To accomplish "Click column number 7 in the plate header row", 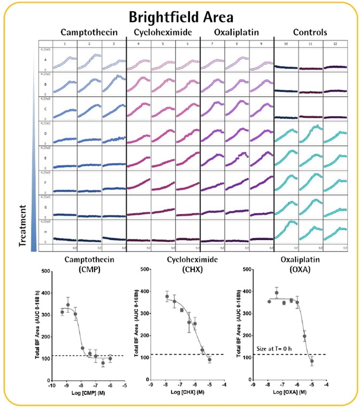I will (212, 42).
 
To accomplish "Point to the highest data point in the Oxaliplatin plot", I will (276, 293).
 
